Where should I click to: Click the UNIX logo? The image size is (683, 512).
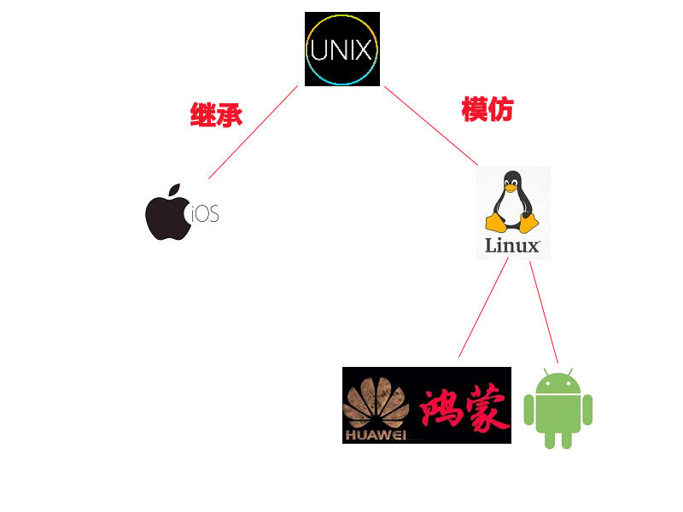point(341,49)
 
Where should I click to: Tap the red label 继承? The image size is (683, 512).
point(216,114)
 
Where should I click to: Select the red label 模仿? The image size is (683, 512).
point(487,109)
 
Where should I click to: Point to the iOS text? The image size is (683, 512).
point(205,214)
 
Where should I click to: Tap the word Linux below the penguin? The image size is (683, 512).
point(512,246)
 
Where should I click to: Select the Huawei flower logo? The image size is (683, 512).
point(376,404)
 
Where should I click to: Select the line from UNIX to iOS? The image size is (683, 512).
point(253,132)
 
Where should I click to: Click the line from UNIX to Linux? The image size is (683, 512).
point(431,125)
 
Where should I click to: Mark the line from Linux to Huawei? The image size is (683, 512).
point(483,307)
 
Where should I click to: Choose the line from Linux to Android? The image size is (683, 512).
point(544,312)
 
